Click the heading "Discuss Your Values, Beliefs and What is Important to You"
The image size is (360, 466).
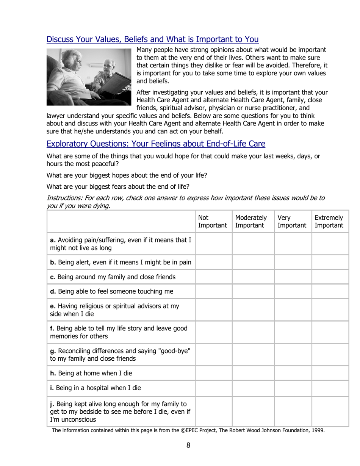coord(152,39)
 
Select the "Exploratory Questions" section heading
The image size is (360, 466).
coord(155,144)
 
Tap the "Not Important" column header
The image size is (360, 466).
coord(213,222)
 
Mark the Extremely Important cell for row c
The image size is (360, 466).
coord(330,277)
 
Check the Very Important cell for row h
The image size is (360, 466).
coord(293,373)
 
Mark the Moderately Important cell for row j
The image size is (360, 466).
coord(253,411)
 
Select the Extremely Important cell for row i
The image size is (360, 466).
coord(330,388)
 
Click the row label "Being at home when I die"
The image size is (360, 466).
coord(91,373)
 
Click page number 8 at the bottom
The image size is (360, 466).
coord(188,445)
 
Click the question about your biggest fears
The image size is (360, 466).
coord(118,186)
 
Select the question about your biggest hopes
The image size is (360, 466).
coord(127,175)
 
